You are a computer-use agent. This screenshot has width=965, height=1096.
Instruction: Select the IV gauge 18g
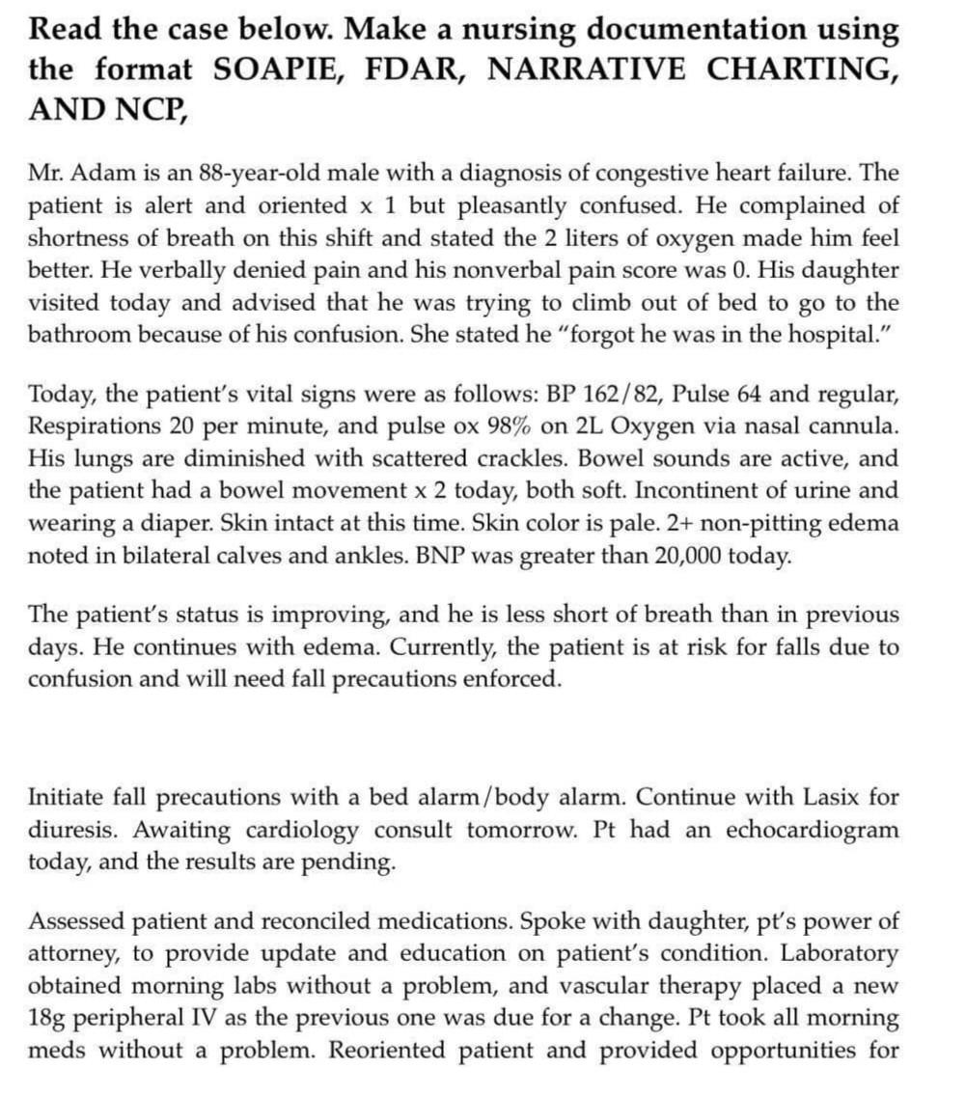[48, 1018]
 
